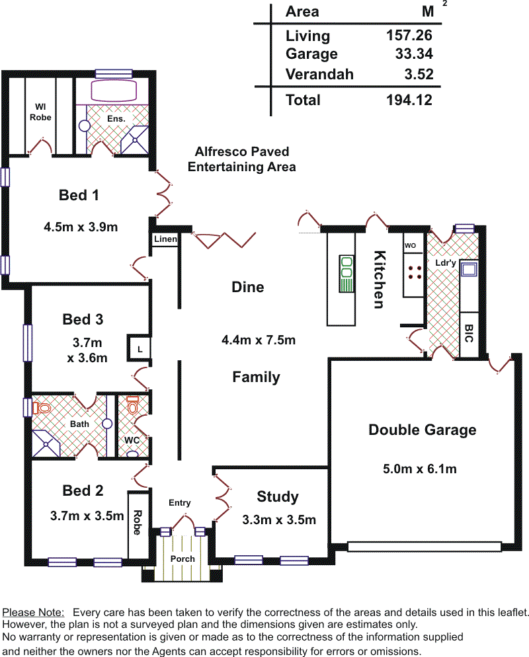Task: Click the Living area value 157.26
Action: (x=409, y=35)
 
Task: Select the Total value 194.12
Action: (x=409, y=100)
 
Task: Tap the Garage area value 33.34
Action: (x=414, y=54)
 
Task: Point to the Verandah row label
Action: (x=319, y=74)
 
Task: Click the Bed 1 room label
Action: (x=79, y=195)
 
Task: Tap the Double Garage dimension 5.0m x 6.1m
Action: (x=420, y=469)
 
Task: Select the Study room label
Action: (x=278, y=496)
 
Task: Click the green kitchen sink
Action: (x=346, y=274)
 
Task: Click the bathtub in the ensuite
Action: (x=114, y=90)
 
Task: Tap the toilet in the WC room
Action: (x=132, y=405)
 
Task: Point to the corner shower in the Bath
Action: (x=46, y=444)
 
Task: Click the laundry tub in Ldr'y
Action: (x=469, y=269)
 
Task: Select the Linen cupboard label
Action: (x=165, y=239)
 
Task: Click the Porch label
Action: (x=183, y=559)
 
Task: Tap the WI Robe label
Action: (x=40, y=112)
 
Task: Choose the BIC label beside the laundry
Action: (x=469, y=334)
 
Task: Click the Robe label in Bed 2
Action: (x=137, y=523)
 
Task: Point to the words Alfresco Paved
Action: (x=242, y=151)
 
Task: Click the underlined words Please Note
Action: (x=33, y=612)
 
